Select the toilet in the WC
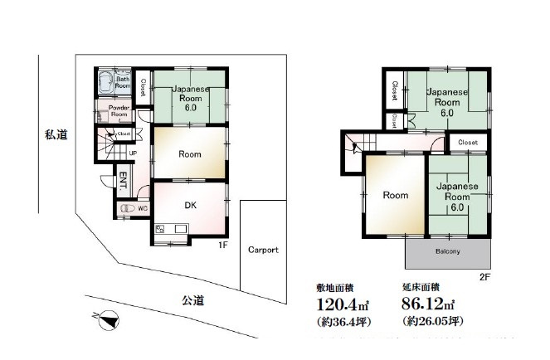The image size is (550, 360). pos(127,209)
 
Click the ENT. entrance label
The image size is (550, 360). pos(121,178)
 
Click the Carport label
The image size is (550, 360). pos(263,250)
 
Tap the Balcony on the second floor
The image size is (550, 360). pos(448,251)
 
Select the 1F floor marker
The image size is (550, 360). pos(221,246)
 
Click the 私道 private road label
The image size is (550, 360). pos(56,133)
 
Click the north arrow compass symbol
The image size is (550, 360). pos(105,317)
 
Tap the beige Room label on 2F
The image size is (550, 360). pos(395,196)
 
